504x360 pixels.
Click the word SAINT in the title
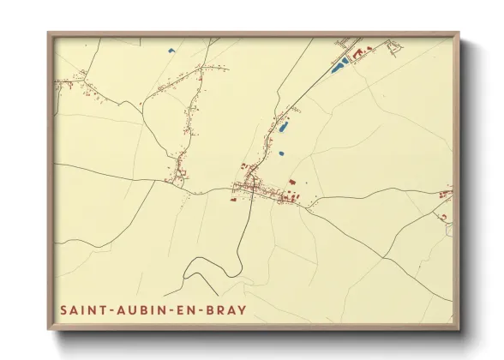pos(82,307)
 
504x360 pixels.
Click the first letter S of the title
pos(63,307)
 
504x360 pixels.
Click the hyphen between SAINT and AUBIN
pos(108,307)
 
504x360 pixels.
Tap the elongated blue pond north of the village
pos(283,128)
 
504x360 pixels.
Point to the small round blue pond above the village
pos(280,153)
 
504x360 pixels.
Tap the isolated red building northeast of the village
pos(291,182)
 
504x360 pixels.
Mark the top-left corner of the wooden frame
pos(49,34)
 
